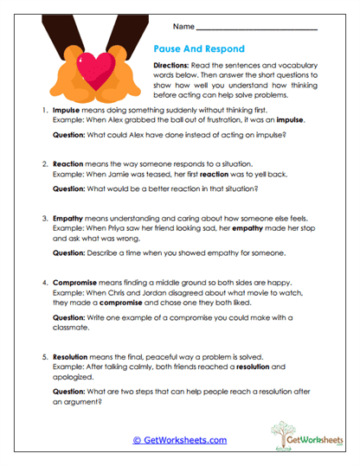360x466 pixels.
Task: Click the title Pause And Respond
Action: (x=199, y=48)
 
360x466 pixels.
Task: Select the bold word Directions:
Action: (x=175, y=66)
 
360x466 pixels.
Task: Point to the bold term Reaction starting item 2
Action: (x=69, y=163)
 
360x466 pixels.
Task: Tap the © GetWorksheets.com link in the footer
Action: (x=179, y=440)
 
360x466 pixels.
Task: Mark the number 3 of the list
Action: (x=43, y=220)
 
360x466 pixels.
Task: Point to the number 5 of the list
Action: (x=43, y=356)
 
